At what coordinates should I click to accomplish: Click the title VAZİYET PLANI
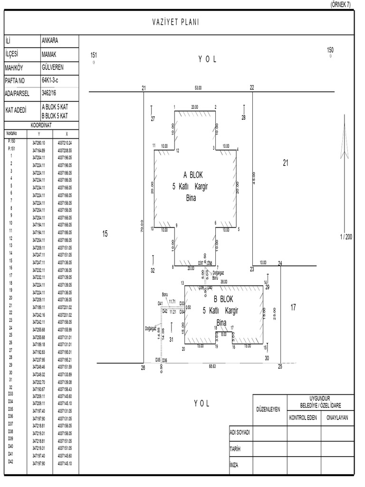(175, 22)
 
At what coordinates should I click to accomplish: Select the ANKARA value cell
(50, 41)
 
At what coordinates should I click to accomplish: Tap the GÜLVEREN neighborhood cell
(52, 67)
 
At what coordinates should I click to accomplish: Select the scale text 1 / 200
(346, 237)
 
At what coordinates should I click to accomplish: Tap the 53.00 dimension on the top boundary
(198, 88)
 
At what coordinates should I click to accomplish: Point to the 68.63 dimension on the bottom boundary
(212, 367)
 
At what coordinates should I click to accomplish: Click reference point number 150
(330, 50)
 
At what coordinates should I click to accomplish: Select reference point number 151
(94, 56)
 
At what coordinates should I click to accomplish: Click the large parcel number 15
(105, 234)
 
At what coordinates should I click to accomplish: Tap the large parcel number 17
(293, 308)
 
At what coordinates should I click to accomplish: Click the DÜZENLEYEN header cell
(269, 409)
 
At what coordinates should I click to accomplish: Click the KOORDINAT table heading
(41, 125)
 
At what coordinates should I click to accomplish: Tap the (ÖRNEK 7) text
(341, 4)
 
